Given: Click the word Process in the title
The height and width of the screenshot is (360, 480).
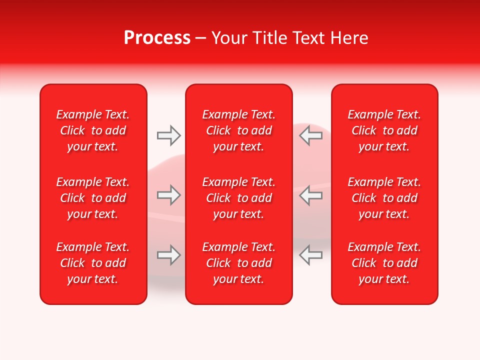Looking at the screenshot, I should tap(157, 38).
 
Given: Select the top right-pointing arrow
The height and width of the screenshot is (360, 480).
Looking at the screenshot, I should tap(168, 135).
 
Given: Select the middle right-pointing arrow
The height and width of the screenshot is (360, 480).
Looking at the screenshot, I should tap(168, 195).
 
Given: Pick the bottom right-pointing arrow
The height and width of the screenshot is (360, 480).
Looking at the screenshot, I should tap(168, 255).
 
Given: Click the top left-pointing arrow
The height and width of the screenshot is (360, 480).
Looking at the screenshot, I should tap(310, 135).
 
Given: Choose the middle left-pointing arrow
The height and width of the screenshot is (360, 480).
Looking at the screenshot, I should tap(310, 195).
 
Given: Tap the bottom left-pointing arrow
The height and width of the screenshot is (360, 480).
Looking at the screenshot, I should tap(310, 255).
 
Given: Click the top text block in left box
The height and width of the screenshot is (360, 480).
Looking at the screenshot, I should tap(93, 130).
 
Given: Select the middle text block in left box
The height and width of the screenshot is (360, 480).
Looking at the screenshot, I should tap(93, 198).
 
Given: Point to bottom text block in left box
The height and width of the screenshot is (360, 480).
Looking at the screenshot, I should tap(93, 263).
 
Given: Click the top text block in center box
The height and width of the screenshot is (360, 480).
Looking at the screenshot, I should tap(239, 130).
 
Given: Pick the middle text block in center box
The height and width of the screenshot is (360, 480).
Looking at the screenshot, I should tap(239, 198).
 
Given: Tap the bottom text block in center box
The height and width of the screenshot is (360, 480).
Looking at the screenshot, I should tap(239, 263).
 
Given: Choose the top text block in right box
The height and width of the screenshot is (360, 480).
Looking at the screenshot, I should tap(384, 130).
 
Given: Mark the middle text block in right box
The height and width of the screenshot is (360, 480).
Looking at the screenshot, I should tap(384, 198).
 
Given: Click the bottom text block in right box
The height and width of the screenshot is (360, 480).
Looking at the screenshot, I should tap(384, 263).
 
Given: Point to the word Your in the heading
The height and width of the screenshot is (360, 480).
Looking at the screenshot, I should tap(229, 38).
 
